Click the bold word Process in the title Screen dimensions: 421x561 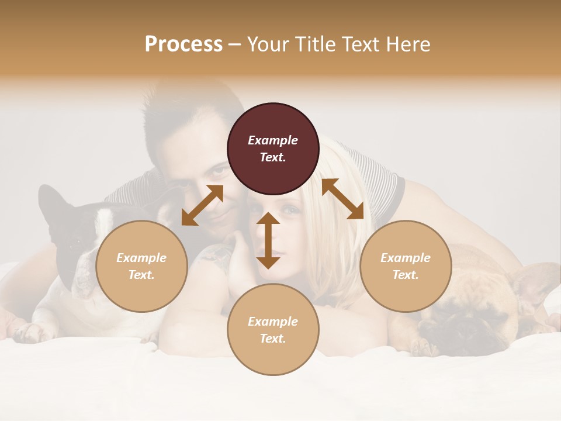(183, 44)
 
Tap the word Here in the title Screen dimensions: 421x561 (408, 44)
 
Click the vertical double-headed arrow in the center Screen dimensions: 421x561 (268, 240)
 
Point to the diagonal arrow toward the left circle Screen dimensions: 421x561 (202, 205)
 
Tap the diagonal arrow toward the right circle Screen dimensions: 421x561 (342, 199)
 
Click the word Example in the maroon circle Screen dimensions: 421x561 (273, 140)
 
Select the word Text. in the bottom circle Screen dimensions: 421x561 (273, 339)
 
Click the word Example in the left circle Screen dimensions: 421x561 (141, 258)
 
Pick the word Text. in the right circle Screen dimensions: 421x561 (406, 275)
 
